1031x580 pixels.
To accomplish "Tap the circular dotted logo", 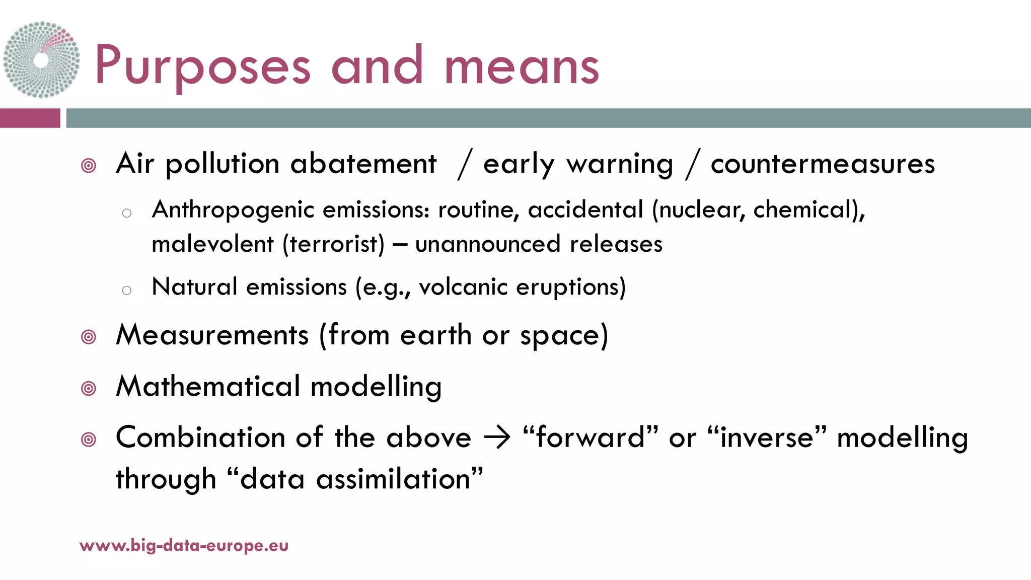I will click(x=41, y=59).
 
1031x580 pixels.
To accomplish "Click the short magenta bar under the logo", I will click(x=30, y=118).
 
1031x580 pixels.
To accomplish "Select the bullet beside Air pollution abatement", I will click(x=89, y=166).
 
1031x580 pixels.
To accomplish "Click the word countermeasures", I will click(x=823, y=164).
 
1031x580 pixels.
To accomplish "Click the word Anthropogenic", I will click(x=233, y=210).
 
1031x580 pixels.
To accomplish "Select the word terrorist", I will click(x=333, y=244).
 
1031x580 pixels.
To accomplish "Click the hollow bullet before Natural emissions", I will click(x=127, y=290).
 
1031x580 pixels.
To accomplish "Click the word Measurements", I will click(x=212, y=335).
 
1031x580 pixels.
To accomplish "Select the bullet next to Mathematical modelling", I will click(x=89, y=388).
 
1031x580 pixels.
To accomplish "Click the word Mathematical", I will click(x=208, y=386).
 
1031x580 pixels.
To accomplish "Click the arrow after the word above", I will click(x=497, y=437).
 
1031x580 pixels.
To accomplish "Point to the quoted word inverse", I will click(x=767, y=437).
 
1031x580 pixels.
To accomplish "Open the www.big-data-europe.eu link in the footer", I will click(x=184, y=545).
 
